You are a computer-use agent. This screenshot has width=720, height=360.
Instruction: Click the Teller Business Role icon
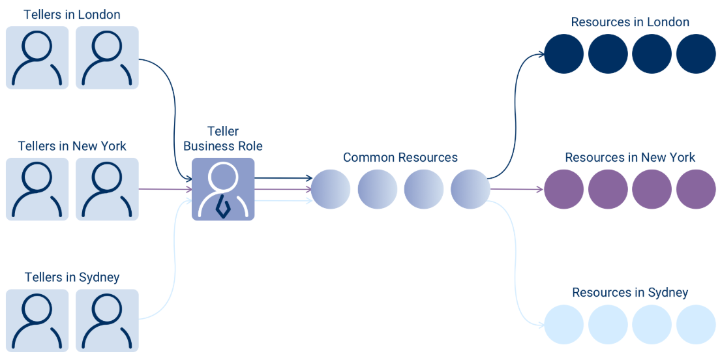(223, 189)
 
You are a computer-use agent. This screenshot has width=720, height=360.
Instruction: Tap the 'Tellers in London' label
(72, 14)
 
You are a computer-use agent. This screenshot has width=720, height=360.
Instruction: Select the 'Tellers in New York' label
(72, 146)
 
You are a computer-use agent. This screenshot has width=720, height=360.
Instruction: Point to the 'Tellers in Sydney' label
(72, 277)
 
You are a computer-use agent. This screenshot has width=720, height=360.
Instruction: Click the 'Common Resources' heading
(400, 157)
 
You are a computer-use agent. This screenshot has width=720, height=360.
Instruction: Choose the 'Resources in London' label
(630, 22)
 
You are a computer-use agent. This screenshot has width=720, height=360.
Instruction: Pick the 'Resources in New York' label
(630, 157)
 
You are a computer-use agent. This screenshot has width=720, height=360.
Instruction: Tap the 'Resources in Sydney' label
(630, 292)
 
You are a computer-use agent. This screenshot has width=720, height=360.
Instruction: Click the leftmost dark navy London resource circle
(564, 53)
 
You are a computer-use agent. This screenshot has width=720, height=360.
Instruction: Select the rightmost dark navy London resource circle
(696, 53)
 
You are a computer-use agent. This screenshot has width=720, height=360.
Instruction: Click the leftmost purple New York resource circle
(564, 189)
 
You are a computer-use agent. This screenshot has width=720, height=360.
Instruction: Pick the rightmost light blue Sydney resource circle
(696, 324)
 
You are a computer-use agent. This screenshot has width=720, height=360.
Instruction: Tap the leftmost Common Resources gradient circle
(331, 189)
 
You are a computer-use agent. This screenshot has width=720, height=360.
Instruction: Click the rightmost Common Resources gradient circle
(470, 189)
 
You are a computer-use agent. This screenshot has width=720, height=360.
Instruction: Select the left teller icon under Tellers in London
(37, 57)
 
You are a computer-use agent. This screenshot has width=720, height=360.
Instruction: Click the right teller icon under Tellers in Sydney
(107, 320)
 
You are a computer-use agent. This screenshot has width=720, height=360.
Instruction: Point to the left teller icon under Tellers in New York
(37, 189)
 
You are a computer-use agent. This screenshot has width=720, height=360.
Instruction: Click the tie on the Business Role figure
(223, 207)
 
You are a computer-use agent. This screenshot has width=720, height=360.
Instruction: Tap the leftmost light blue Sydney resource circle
(564, 324)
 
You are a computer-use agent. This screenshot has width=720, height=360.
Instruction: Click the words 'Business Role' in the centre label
(223, 146)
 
